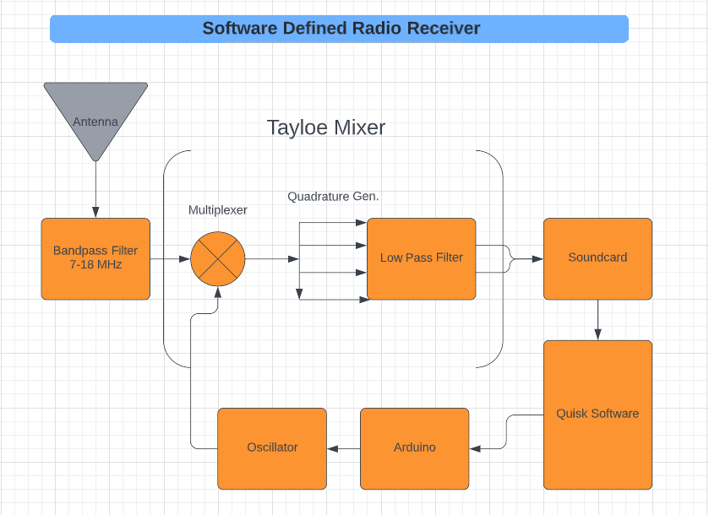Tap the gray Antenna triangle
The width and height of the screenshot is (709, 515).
(x=95, y=114)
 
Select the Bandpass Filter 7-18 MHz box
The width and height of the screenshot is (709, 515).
(x=95, y=258)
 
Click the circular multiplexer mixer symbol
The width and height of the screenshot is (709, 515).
(x=217, y=258)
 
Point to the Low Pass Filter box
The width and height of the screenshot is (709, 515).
(x=421, y=258)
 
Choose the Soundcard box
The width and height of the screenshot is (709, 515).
(x=597, y=258)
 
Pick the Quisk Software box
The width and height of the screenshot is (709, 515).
(x=597, y=414)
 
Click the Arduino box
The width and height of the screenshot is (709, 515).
(x=414, y=448)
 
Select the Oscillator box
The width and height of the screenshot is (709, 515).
(x=271, y=448)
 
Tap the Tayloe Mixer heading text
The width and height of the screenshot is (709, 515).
(x=326, y=127)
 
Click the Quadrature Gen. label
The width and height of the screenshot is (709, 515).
(x=333, y=197)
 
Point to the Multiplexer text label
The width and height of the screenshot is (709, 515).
(x=217, y=210)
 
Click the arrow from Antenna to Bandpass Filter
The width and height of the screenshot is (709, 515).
(x=95, y=189)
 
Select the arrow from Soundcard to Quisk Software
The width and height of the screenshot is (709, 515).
(x=597, y=320)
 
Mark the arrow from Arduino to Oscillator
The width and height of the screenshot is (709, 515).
(x=343, y=448)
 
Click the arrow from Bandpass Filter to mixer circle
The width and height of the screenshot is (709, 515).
(x=170, y=258)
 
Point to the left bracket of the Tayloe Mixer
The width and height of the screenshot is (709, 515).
(x=164, y=258)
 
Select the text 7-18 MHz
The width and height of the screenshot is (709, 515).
(x=95, y=265)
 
